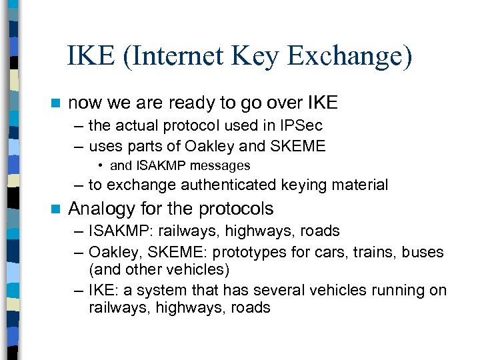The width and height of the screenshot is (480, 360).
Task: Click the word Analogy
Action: pos(101,209)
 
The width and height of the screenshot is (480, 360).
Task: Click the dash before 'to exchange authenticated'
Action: pos(79,185)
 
